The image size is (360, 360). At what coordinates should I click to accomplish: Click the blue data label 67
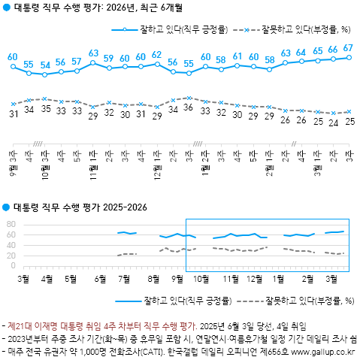pos(348,49)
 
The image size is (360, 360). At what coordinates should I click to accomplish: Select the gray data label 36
pos(189,108)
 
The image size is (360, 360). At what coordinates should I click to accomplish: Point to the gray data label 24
pos(332,123)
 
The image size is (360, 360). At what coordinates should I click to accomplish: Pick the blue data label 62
pos(157,55)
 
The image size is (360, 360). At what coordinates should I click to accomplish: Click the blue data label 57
pos(77,61)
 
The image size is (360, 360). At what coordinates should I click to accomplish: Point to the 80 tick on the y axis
pos(10,224)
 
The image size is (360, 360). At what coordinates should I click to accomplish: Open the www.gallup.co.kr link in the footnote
pos(324,350)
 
